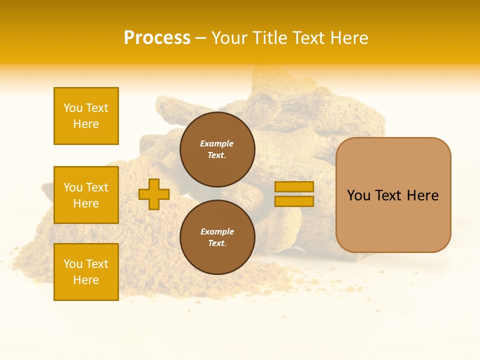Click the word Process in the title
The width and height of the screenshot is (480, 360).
coord(157,38)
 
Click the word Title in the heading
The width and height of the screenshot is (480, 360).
coord(271,38)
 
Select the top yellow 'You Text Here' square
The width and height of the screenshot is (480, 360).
coord(86,116)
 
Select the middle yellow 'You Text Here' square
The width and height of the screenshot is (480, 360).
coord(86,195)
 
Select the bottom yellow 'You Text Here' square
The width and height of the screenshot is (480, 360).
coord(86,272)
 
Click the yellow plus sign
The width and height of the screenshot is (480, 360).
coord(154,194)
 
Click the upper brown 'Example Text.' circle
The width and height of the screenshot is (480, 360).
coord(217,149)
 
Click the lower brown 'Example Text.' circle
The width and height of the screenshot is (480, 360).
coord(217,237)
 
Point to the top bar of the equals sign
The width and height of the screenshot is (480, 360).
coord(294,186)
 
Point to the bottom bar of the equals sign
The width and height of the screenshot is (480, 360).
coord(294,201)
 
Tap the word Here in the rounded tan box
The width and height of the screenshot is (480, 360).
coord(422,195)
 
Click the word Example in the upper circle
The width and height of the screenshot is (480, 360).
coord(217,143)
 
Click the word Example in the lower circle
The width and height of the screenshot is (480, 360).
coord(217,231)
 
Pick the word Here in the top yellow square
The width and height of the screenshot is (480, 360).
coord(86,124)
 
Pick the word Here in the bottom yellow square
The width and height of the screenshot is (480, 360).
coord(86,280)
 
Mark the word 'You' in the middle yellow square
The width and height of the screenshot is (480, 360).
coord(73,187)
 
